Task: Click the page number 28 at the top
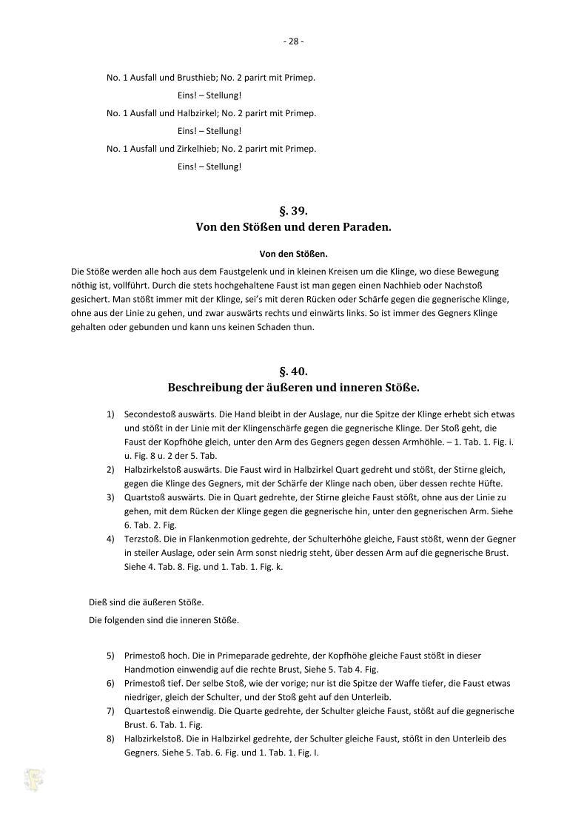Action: [x=293, y=41]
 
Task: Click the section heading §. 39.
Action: [x=293, y=211]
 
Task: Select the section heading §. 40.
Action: [x=293, y=371]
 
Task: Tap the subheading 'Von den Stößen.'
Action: [x=293, y=254]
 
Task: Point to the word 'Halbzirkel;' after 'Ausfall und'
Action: [x=198, y=113]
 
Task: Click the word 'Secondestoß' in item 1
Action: [x=150, y=414]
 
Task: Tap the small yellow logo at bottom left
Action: [x=34, y=780]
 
